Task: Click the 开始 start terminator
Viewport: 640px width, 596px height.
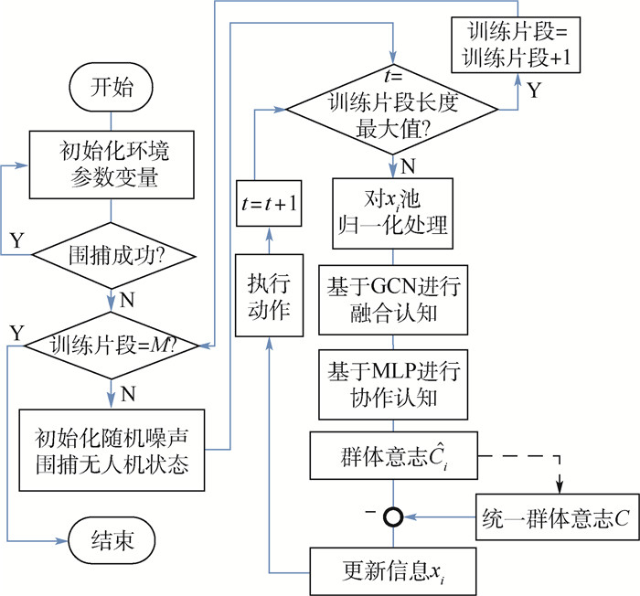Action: click(x=111, y=89)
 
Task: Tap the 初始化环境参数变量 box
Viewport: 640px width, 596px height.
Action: click(x=111, y=165)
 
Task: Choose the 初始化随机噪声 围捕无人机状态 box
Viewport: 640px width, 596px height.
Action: click(x=111, y=448)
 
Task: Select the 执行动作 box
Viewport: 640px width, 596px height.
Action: click(x=268, y=297)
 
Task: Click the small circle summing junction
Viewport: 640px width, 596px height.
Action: click(x=393, y=517)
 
